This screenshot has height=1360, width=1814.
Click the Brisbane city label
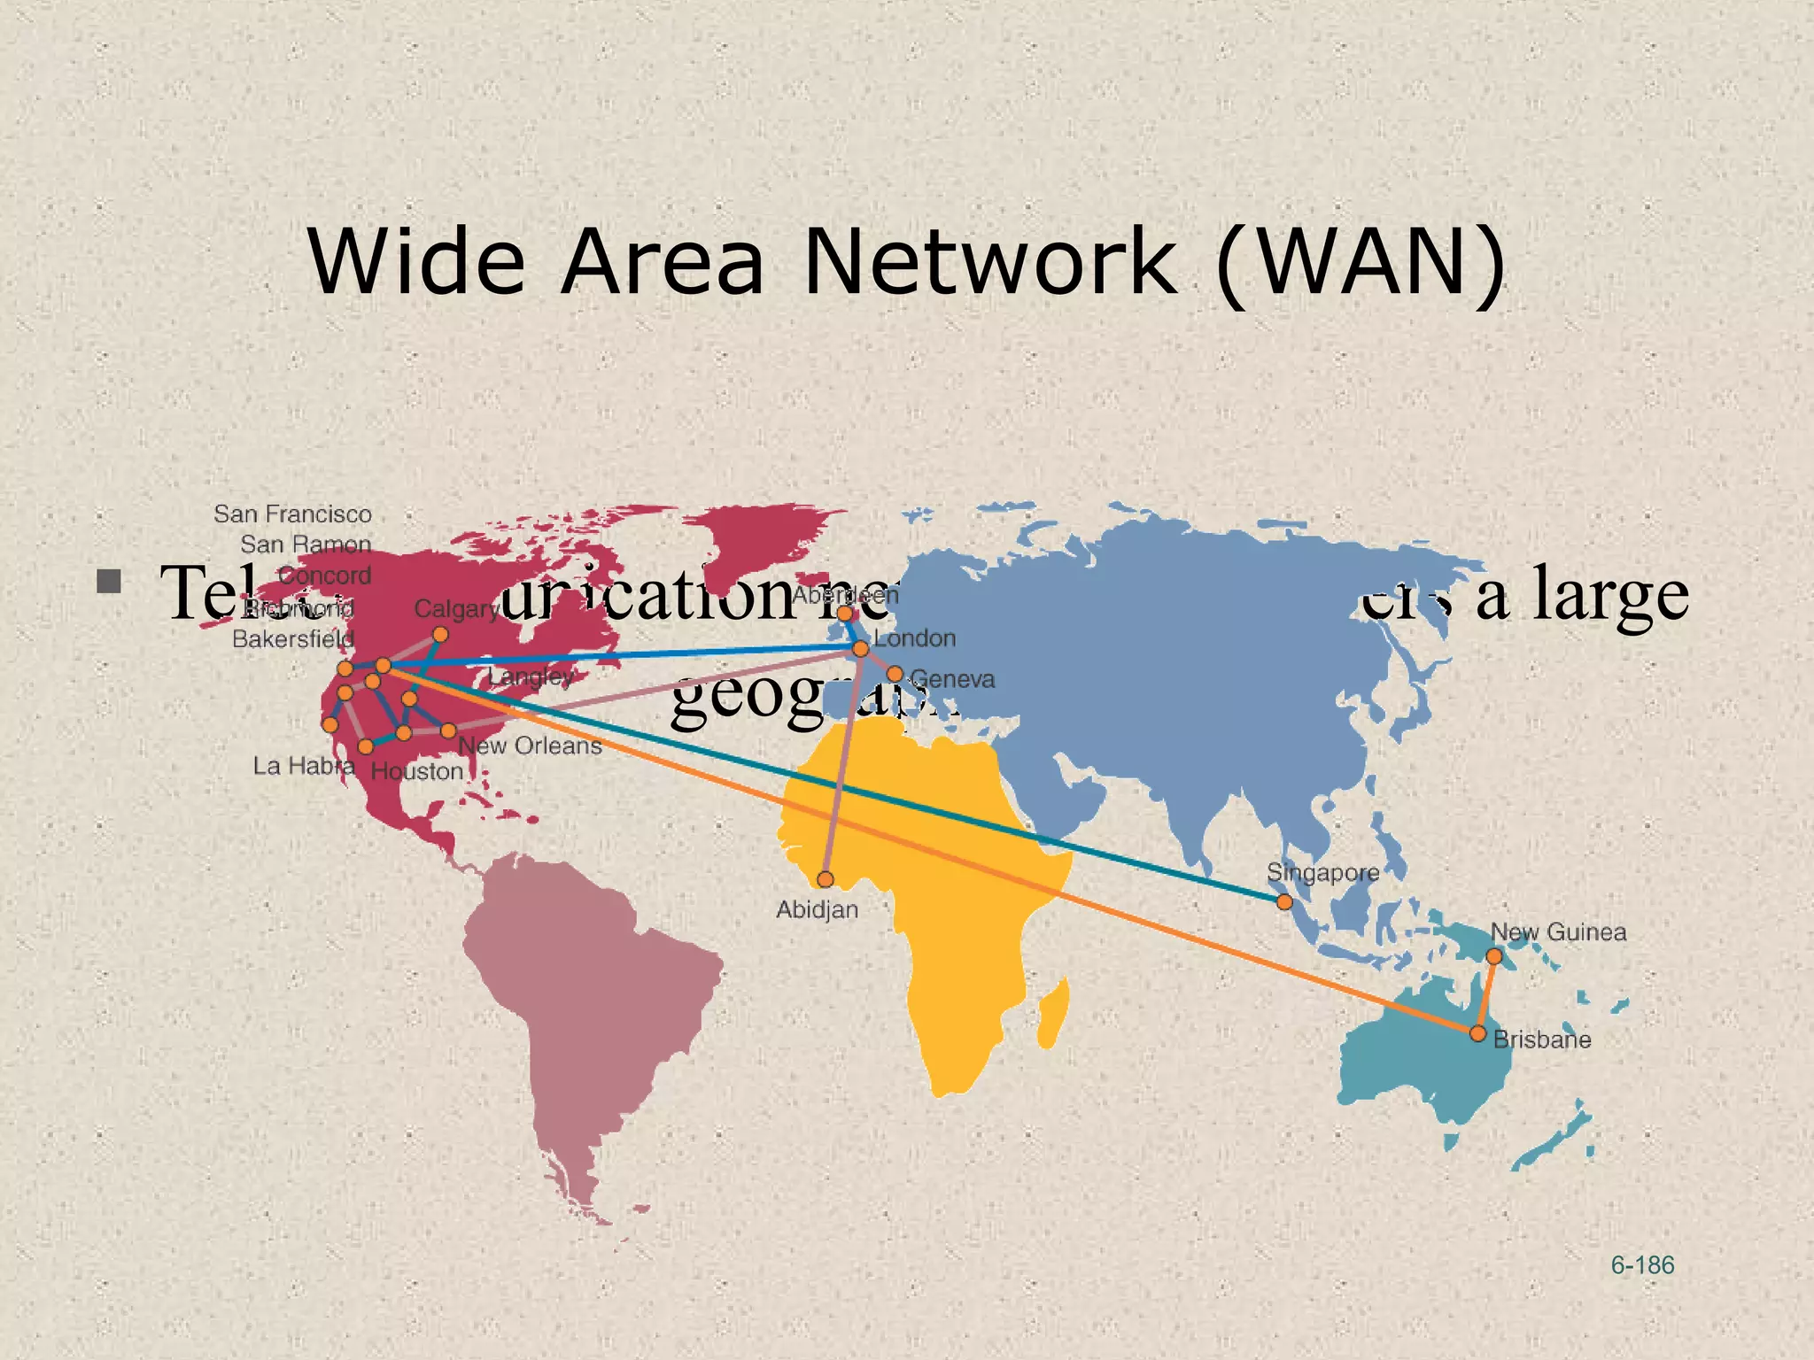pos(1542,1039)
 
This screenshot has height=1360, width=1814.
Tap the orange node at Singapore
pos(1284,902)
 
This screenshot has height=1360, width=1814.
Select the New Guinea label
pos(1558,932)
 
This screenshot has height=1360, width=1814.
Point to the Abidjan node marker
pos(826,879)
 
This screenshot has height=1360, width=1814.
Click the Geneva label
pos(952,679)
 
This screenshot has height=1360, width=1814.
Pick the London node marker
pos(860,649)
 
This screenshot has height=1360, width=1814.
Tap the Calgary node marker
pos(440,635)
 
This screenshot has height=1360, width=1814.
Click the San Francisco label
pos(292,514)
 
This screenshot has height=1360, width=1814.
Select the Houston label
pos(416,771)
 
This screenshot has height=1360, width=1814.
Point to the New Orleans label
pos(530,746)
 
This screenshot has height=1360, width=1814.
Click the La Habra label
pos(304,765)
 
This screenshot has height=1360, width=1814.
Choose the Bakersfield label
pos(293,639)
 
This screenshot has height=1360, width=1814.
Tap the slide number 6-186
pos(1642,1265)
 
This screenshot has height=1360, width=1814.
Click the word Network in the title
pos(990,261)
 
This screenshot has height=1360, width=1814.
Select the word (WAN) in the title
pos(1361,261)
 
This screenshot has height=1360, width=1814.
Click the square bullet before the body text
pos(110,582)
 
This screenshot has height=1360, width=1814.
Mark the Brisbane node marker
pos(1477,1033)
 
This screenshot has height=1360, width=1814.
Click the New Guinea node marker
pos(1494,956)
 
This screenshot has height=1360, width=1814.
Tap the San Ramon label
pos(306,545)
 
